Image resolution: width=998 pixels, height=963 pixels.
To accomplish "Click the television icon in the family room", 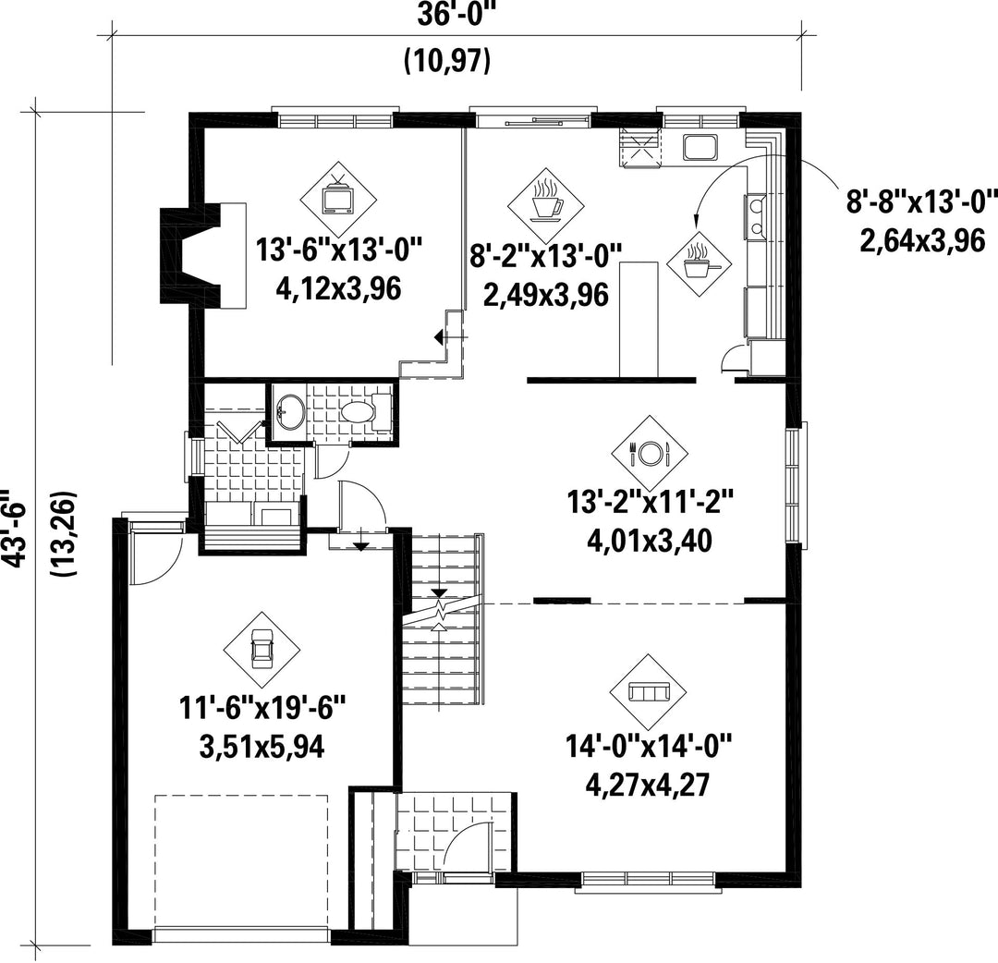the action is point(338,199).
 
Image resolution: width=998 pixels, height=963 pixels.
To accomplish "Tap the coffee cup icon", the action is point(545,205).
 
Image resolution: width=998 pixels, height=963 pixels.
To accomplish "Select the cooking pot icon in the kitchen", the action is point(700,262).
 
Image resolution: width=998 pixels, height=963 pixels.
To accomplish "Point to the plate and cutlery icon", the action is point(650,453).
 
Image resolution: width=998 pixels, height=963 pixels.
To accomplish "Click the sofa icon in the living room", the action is point(648,692).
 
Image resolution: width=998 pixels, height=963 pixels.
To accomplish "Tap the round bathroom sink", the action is point(291,412).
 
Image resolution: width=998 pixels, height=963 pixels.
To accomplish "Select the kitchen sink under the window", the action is point(700,147).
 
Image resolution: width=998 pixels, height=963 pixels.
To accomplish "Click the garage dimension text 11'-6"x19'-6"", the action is point(262,709).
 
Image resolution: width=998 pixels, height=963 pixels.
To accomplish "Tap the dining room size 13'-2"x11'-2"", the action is point(651,502).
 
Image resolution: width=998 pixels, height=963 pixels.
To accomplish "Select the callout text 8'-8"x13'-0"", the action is point(921,203).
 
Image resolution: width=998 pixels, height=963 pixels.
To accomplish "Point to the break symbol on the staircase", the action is point(439,611).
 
